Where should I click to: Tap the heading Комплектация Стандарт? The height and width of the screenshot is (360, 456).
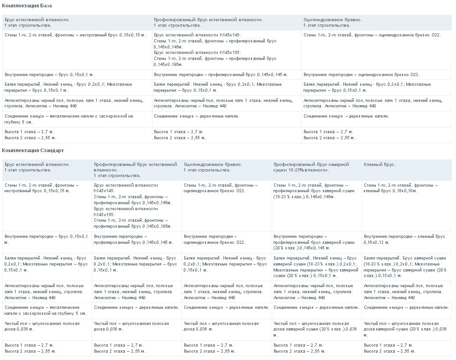click(x=33, y=150)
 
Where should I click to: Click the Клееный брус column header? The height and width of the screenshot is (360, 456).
click(x=380, y=165)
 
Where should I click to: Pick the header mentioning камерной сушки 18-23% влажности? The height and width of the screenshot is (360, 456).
click(x=311, y=167)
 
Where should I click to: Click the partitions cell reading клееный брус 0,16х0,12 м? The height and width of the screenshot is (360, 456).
click(x=404, y=239)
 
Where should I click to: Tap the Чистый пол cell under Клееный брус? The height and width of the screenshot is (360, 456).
click(x=405, y=329)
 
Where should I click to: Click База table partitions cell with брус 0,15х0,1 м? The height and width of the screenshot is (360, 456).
click(x=49, y=74)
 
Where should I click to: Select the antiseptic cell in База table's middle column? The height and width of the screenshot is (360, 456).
click(x=223, y=103)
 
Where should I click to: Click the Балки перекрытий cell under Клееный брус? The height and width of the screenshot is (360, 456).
click(x=405, y=267)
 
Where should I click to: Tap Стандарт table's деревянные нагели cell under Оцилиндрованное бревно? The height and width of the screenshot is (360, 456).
click(x=226, y=307)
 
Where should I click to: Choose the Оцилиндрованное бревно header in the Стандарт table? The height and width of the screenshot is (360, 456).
click(x=213, y=167)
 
